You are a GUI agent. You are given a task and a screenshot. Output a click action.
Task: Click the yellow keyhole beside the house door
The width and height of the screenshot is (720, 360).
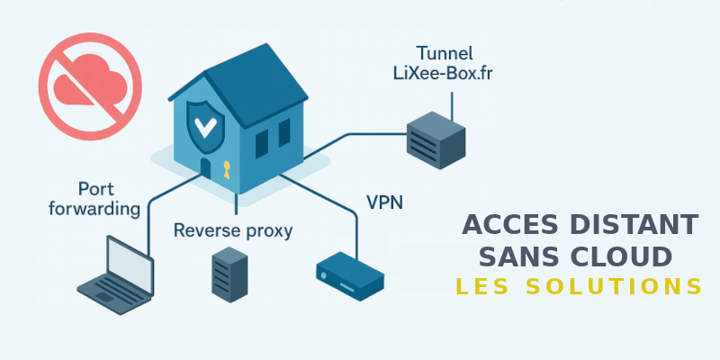(x=226, y=168)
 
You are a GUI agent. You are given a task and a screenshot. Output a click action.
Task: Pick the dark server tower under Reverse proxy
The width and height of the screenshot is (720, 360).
(x=225, y=273)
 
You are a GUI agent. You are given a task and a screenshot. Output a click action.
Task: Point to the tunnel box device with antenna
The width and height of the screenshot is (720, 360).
(x=436, y=139)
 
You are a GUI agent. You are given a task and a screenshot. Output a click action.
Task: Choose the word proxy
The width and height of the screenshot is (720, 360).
(x=269, y=232)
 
